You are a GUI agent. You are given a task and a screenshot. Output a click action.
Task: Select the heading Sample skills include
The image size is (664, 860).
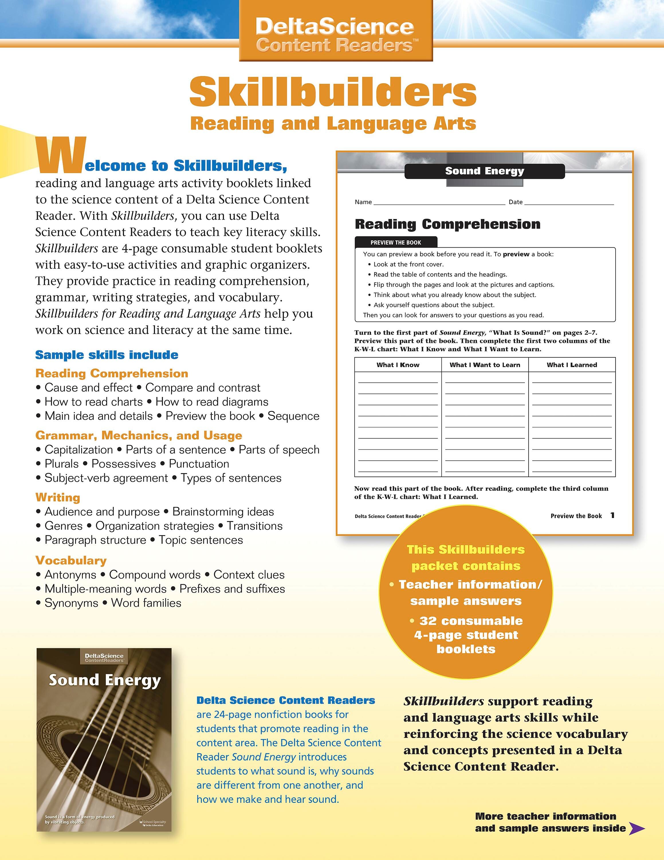pos(107,355)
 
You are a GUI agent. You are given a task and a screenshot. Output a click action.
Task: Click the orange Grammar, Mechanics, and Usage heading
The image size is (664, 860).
pos(138,435)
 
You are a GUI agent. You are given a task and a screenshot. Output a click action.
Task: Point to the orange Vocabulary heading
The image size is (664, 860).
pos(71,560)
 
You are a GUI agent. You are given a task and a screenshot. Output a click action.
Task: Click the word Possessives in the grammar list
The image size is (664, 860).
pos(123,464)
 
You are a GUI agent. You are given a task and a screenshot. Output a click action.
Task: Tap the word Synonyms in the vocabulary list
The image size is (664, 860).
pos(71,603)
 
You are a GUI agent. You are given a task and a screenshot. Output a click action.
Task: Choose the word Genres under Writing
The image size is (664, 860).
pos(63,526)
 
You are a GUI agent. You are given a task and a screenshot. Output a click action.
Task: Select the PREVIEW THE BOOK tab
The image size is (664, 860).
pos(395,243)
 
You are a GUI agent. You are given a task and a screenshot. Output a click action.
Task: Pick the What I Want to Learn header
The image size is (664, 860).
pos(485,365)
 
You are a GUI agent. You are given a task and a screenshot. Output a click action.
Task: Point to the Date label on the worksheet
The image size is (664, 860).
pos(515,202)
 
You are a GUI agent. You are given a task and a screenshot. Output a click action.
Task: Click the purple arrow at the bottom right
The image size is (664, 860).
pos(637,828)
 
